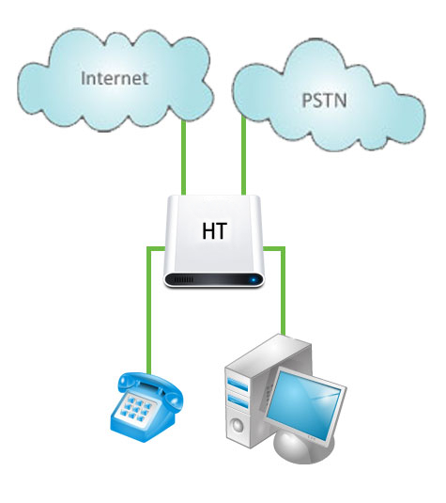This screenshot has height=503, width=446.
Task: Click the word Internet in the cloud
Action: click(115, 78)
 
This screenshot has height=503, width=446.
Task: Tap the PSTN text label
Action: click(324, 100)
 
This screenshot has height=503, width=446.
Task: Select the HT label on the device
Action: click(215, 230)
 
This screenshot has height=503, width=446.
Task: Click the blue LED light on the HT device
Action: click(254, 280)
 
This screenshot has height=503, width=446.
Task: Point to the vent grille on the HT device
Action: click(183, 280)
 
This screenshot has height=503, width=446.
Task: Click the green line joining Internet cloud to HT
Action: click(184, 158)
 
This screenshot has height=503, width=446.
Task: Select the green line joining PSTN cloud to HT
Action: click(243, 155)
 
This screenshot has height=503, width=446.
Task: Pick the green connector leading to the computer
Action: click(283, 289)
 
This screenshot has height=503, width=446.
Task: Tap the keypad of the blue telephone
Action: click(137, 406)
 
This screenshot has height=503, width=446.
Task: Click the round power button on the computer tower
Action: click(238, 425)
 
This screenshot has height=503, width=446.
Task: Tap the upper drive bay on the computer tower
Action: click(238, 384)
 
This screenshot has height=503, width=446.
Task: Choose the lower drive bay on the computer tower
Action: click(238, 401)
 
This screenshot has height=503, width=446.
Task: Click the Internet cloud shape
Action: click(115, 80)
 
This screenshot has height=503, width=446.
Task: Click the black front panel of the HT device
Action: click(214, 280)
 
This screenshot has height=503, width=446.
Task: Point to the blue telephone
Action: click(146, 407)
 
